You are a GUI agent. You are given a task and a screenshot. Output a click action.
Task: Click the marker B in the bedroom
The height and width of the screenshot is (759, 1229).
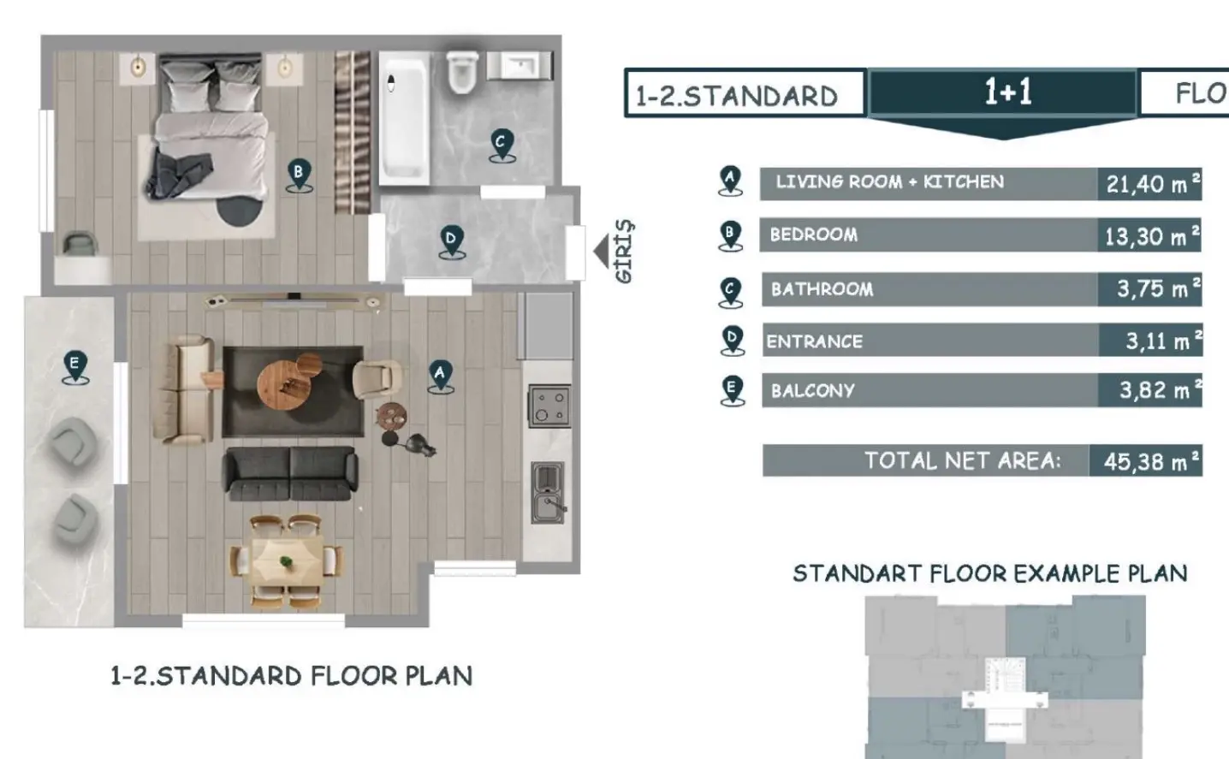click(298, 174)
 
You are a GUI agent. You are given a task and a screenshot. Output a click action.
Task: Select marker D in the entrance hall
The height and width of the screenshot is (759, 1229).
click(451, 240)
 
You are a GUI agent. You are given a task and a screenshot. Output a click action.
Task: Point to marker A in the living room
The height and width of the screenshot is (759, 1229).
click(440, 375)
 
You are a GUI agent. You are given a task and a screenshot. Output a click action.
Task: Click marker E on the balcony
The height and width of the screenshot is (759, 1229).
click(74, 366)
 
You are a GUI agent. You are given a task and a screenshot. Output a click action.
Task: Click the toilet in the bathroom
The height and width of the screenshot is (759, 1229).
click(462, 71)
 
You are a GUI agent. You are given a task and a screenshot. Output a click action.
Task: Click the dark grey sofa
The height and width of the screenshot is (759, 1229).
click(290, 472)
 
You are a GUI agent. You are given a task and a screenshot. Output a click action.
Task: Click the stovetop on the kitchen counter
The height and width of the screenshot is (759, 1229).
click(549, 405)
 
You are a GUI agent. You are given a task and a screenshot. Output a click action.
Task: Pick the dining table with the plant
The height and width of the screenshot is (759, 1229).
click(286, 561)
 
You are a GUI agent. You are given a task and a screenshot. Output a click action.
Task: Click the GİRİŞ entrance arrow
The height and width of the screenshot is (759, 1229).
click(601, 251)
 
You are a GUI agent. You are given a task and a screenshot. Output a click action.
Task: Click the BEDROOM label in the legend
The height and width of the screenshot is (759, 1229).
click(813, 234)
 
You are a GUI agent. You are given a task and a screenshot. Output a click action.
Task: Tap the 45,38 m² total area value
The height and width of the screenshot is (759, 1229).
click(1146, 461)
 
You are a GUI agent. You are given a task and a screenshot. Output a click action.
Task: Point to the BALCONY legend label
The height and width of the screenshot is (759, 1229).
click(812, 390)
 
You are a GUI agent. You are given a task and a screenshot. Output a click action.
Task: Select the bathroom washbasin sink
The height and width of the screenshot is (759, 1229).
click(520, 66)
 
